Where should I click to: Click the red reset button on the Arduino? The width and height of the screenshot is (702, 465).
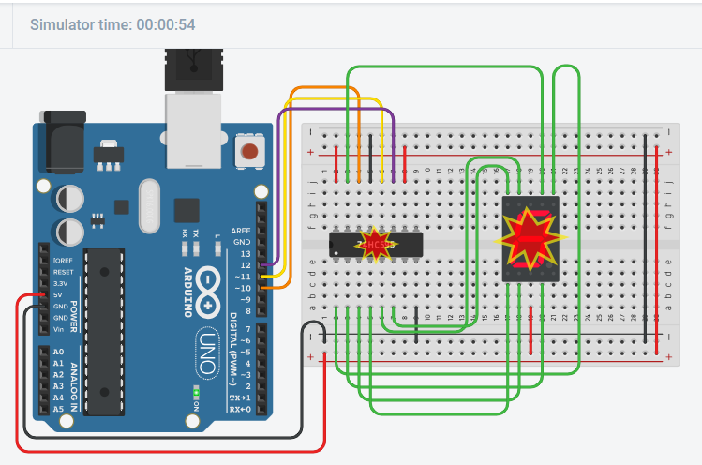(x=249, y=151)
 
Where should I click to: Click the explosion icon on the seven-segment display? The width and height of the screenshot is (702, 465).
(x=530, y=238)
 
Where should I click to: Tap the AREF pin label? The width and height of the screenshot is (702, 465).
(x=241, y=231)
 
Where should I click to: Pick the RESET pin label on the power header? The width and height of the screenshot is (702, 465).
(x=63, y=271)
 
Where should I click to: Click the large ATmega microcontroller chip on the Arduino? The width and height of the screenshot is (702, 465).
(x=103, y=328)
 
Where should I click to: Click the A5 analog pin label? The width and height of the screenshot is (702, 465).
(x=59, y=410)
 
